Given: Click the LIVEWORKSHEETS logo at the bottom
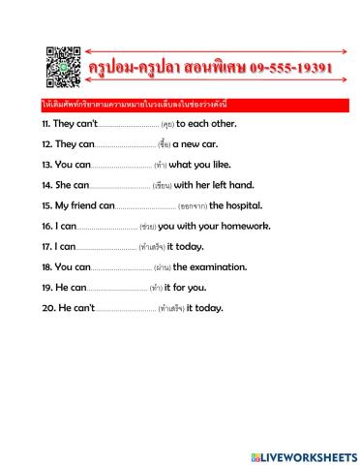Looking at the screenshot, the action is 304,456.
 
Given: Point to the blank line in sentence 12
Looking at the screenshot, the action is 120,145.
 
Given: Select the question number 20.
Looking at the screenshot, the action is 47,308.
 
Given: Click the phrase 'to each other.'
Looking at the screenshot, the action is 206,124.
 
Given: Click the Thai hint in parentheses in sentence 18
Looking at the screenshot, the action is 163,267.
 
